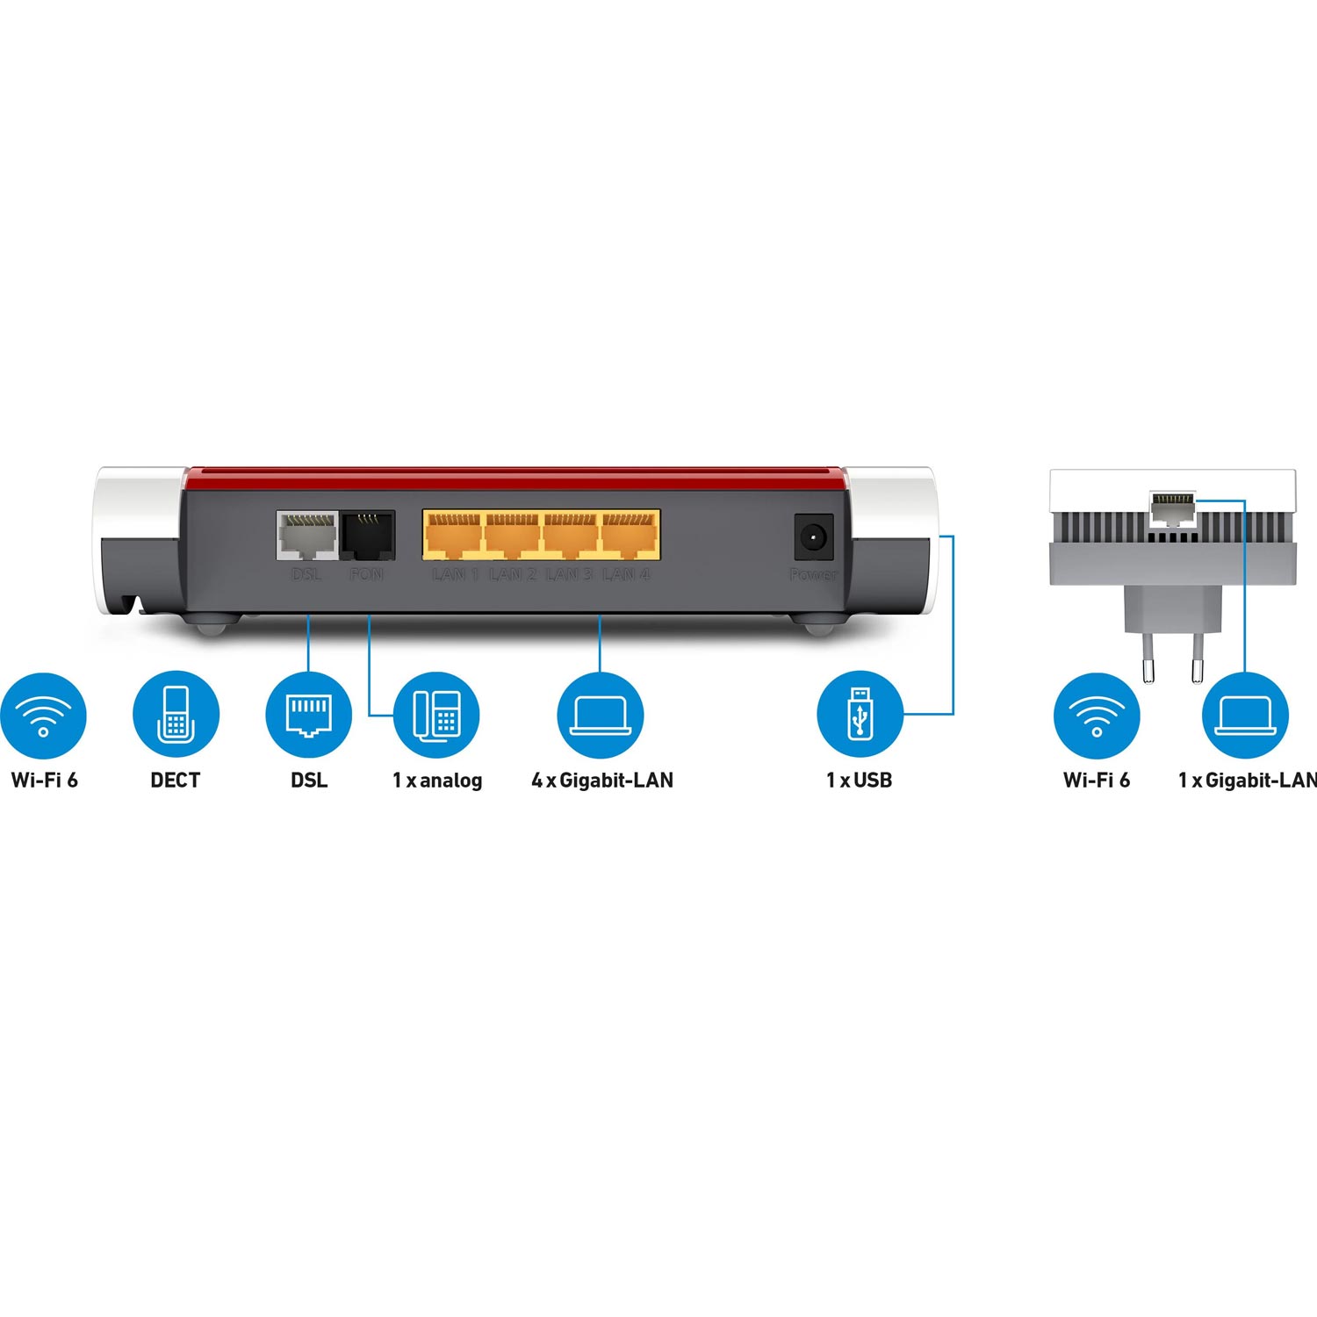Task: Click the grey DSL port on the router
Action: (x=306, y=535)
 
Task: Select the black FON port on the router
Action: (x=367, y=535)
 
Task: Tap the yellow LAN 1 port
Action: (x=453, y=535)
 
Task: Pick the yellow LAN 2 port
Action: (x=512, y=535)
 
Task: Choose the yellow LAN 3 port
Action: (x=571, y=535)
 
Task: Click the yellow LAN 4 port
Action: (x=629, y=535)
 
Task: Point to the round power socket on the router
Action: (x=813, y=535)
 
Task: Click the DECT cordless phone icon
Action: (x=176, y=716)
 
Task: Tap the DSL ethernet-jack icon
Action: (x=308, y=716)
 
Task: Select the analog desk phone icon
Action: (x=436, y=716)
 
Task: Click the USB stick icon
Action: (x=860, y=716)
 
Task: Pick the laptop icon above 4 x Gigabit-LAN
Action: (x=601, y=716)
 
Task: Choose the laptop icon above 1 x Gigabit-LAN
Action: (x=1245, y=716)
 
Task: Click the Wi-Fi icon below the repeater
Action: (x=1097, y=716)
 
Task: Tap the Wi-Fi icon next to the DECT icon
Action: (x=43, y=716)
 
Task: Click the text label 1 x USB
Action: (x=859, y=780)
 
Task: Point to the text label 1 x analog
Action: (x=437, y=780)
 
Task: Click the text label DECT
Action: (x=176, y=780)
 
